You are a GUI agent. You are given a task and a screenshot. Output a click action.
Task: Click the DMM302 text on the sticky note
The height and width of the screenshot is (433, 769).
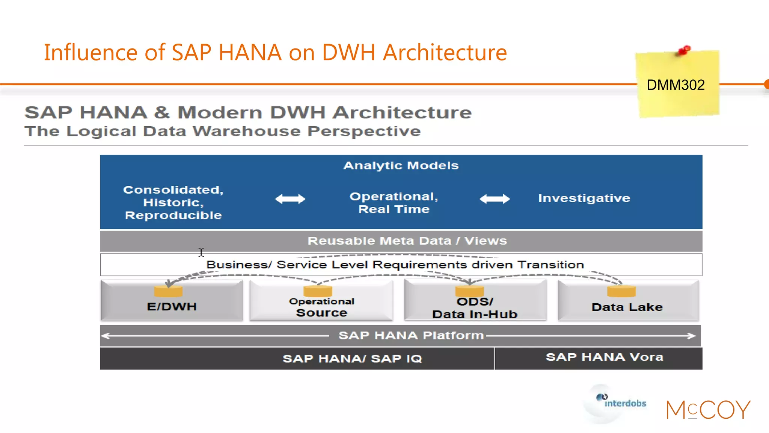click(x=676, y=85)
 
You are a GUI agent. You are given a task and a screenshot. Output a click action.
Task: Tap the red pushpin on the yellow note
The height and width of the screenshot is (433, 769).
click(x=684, y=50)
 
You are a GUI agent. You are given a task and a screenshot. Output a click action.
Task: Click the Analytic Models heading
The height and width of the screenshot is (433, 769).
click(x=401, y=166)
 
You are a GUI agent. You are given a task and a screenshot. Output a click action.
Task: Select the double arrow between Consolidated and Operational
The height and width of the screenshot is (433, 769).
click(x=290, y=199)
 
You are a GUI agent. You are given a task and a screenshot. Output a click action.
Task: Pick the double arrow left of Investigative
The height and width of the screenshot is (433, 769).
click(x=495, y=199)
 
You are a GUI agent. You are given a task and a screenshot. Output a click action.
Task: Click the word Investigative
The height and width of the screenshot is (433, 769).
click(x=584, y=198)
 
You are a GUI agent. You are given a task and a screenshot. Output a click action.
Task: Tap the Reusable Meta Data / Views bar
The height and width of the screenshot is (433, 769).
click(x=407, y=241)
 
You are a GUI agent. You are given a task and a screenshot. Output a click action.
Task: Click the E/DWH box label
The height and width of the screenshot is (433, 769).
click(x=172, y=307)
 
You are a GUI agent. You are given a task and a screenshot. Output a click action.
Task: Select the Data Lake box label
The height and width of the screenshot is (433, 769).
click(x=627, y=307)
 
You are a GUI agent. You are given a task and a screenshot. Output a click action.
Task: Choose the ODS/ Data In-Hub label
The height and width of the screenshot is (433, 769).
click(x=475, y=308)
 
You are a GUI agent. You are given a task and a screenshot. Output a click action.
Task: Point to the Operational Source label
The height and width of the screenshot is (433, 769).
click(x=321, y=307)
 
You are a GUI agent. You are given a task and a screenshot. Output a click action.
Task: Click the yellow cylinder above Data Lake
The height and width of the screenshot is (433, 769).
click(x=621, y=291)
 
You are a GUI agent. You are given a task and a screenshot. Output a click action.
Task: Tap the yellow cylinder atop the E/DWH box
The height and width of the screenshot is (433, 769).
click(x=168, y=291)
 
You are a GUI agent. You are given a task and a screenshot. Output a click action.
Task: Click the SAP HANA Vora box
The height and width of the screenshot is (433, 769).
click(x=604, y=357)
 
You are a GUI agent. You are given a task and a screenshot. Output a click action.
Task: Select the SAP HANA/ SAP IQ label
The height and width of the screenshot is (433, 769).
click(x=352, y=359)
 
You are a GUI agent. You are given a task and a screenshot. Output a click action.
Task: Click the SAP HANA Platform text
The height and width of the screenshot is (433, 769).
click(x=411, y=336)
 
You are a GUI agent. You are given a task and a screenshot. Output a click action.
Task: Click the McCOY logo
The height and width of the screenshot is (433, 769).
click(x=708, y=410)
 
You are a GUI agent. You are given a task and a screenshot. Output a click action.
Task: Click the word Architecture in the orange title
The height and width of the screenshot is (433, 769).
click(x=445, y=52)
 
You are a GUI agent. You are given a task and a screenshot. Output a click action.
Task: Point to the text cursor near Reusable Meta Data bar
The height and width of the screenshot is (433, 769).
click(x=201, y=252)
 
